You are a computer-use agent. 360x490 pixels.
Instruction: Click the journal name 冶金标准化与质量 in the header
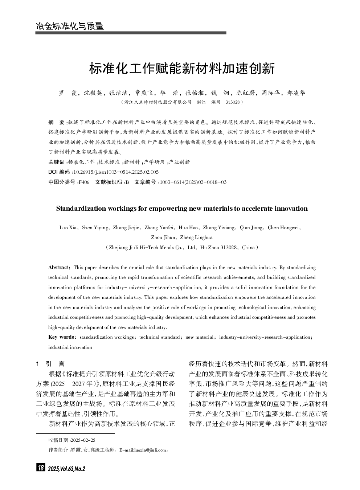(x=70, y=26)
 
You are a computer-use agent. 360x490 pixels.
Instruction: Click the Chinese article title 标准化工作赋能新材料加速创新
(x=182, y=69)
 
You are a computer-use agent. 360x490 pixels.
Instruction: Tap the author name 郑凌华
(x=296, y=93)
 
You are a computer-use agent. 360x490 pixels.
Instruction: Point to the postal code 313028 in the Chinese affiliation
(x=232, y=102)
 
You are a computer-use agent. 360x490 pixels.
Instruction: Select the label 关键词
(x=56, y=162)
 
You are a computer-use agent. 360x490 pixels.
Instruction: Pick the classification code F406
(x=84, y=182)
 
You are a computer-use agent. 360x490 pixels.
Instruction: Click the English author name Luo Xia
(x=68, y=228)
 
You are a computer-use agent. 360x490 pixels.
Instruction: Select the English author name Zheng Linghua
(x=196, y=238)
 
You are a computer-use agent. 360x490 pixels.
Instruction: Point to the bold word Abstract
(x=58, y=268)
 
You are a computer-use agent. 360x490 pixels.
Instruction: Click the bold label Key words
(x=61, y=337)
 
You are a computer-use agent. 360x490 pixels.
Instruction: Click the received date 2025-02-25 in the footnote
(x=83, y=440)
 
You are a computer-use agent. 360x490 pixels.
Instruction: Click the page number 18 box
(x=40, y=468)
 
